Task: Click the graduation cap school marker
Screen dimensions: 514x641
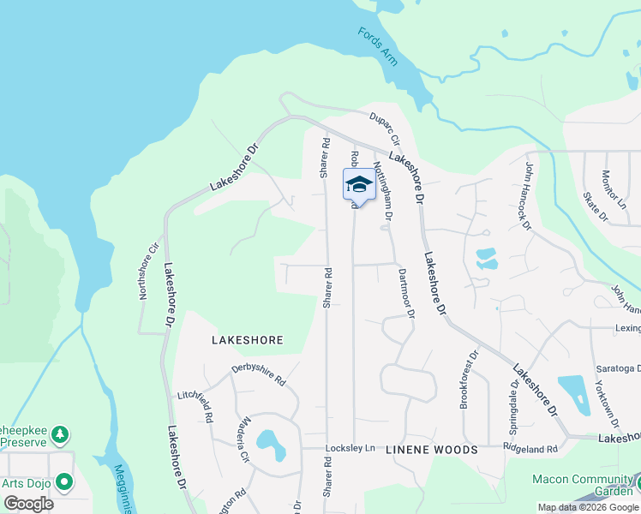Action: [x=359, y=185]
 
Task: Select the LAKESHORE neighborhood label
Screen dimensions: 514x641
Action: [x=247, y=340]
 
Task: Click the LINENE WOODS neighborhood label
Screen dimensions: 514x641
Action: [x=431, y=450]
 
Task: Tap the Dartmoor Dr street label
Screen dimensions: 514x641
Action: [x=406, y=294]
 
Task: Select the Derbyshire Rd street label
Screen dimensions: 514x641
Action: [x=258, y=374]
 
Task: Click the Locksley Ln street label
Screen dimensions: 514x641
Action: [x=350, y=448]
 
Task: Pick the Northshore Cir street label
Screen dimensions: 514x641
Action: [x=149, y=272]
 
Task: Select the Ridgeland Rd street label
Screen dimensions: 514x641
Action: [x=530, y=448]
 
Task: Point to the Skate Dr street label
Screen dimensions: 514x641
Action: [x=596, y=207]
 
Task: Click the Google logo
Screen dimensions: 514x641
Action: [x=28, y=504]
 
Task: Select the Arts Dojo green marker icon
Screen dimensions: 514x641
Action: [x=63, y=482]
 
